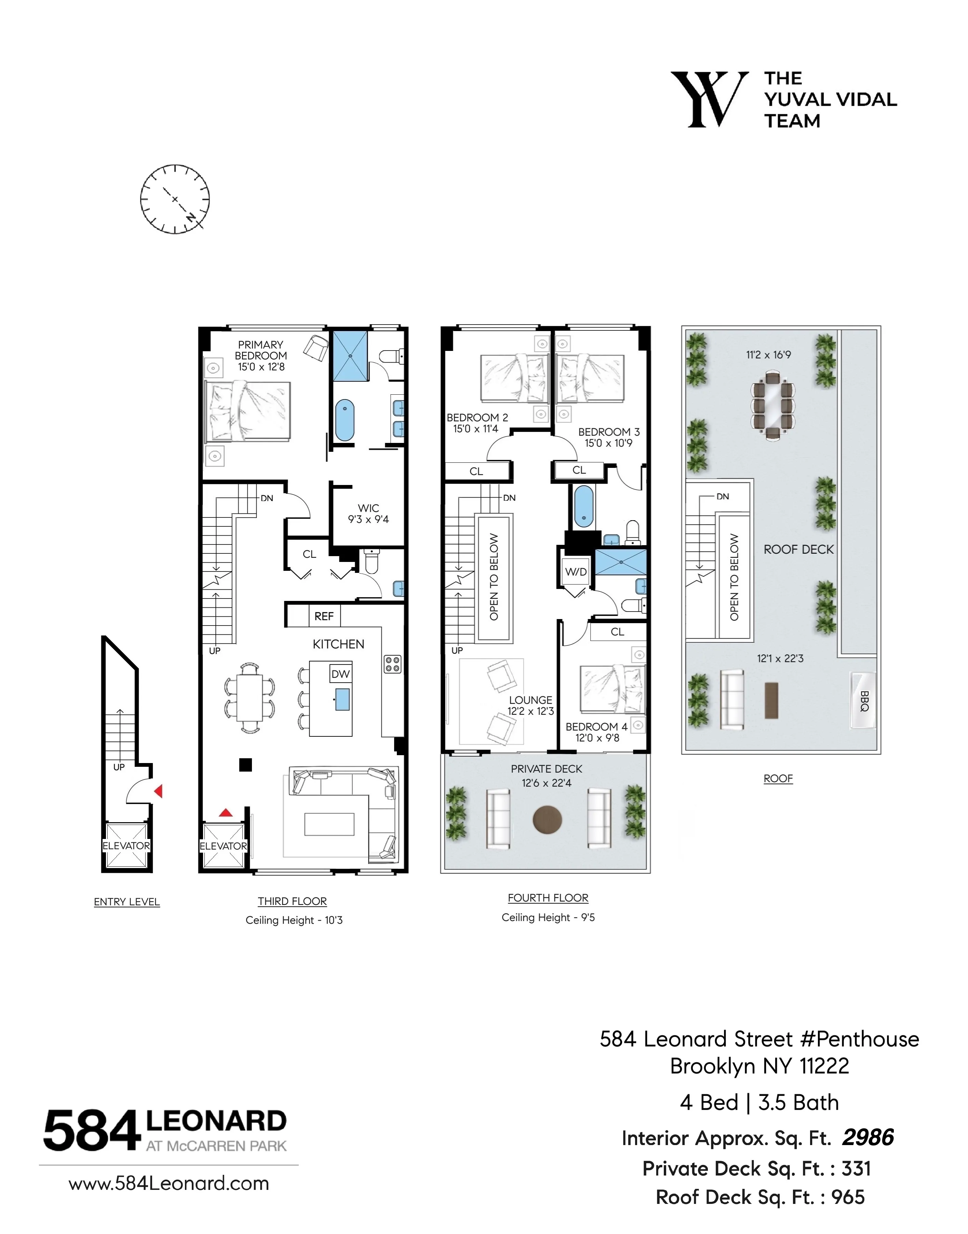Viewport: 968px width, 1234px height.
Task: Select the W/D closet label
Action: [x=576, y=572]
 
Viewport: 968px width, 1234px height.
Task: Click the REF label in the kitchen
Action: [x=324, y=616]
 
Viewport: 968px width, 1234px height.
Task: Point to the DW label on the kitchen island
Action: [x=341, y=674]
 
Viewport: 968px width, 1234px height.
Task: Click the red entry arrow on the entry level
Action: [x=159, y=790]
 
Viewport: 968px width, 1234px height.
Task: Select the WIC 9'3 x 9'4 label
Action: [x=368, y=514]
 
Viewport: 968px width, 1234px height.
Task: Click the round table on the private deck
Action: [x=548, y=819]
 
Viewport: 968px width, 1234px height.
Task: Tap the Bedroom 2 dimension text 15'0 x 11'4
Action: [x=475, y=429]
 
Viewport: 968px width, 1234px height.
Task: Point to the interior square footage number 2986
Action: [x=868, y=1137]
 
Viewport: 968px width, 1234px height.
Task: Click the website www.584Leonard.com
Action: [x=169, y=1183]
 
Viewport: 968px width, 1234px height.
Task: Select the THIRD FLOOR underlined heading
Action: [x=293, y=901]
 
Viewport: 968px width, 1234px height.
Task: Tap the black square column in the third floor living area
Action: [x=245, y=765]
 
